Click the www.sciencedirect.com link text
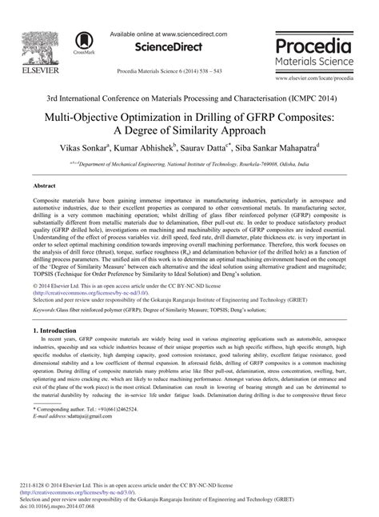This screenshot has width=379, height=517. point(190,35)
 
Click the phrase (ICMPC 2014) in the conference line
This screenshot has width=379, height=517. point(317,98)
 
